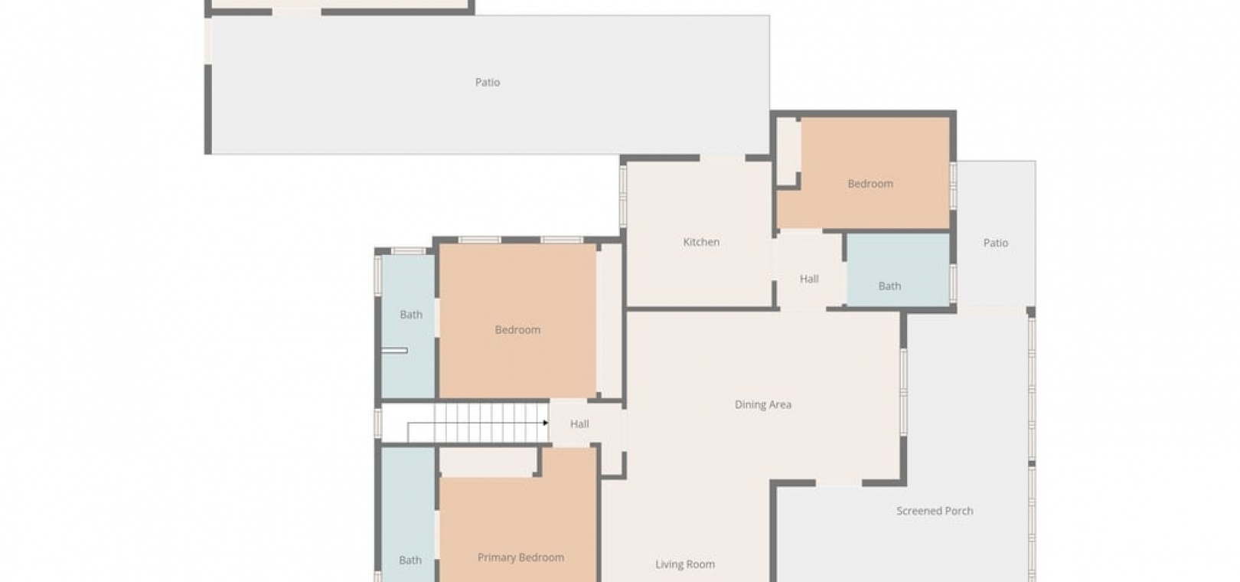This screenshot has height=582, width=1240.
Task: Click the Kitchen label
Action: pos(701,242)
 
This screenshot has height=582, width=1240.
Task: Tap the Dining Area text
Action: pos(763,405)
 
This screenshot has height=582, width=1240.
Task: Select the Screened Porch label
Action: pos(935,511)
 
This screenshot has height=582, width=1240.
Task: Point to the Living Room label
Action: pos(685,564)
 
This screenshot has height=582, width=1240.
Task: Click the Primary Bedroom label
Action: pos(521,557)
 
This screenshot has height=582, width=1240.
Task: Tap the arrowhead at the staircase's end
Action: pos(546,423)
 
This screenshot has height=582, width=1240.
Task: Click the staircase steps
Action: pos(478,423)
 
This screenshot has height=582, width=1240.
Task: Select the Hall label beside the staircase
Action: pos(579,424)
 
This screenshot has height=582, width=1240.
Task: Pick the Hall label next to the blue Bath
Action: pos(809,279)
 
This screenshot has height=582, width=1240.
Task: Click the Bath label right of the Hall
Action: pos(889,286)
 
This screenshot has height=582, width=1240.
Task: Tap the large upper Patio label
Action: pos(488,83)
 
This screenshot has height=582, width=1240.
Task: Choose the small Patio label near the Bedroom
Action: pos(996,243)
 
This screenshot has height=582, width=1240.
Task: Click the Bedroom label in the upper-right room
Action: pos(870,184)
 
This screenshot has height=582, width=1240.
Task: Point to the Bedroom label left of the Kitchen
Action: pos(517,330)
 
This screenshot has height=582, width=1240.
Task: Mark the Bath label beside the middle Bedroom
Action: pos(411,315)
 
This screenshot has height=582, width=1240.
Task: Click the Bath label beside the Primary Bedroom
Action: pos(410,561)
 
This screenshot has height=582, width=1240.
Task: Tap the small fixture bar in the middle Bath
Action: pos(395,351)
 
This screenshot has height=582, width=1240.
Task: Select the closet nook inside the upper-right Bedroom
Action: pos(787,152)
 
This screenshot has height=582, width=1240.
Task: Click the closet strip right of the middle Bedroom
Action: pos(611,321)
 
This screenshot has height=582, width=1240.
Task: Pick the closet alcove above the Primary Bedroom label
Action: pos(487,462)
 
